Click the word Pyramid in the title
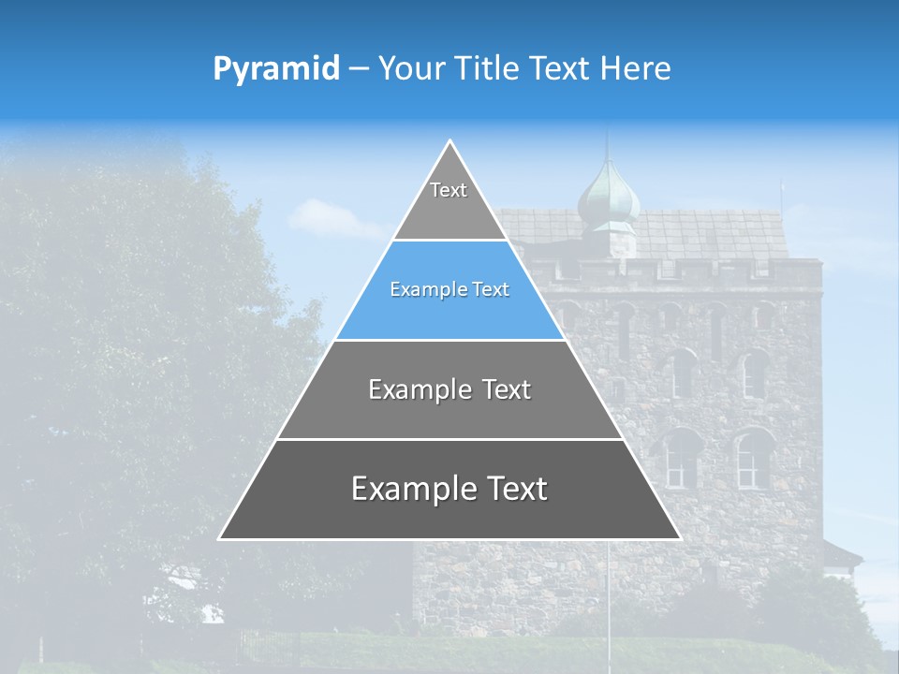[x=275, y=69]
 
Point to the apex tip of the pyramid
[x=449, y=142]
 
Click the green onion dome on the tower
[x=608, y=196]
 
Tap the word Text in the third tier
[x=507, y=389]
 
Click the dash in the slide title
[x=358, y=69]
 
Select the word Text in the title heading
[x=560, y=68]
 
